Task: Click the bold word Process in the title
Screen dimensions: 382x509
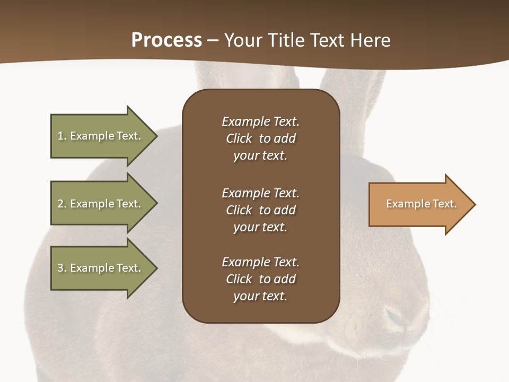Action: click(x=166, y=40)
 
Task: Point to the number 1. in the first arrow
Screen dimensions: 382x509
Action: click(x=62, y=136)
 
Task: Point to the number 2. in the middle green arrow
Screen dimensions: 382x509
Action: click(x=62, y=204)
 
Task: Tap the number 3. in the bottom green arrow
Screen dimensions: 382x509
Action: click(x=62, y=268)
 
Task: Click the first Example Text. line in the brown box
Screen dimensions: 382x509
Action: click(x=260, y=121)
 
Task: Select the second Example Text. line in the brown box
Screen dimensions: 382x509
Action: click(x=260, y=193)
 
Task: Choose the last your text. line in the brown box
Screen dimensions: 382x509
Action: click(x=260, y=296)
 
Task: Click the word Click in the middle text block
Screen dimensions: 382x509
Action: click(x=239, y=210)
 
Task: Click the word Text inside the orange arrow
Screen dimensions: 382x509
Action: click(x=444, y=204)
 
